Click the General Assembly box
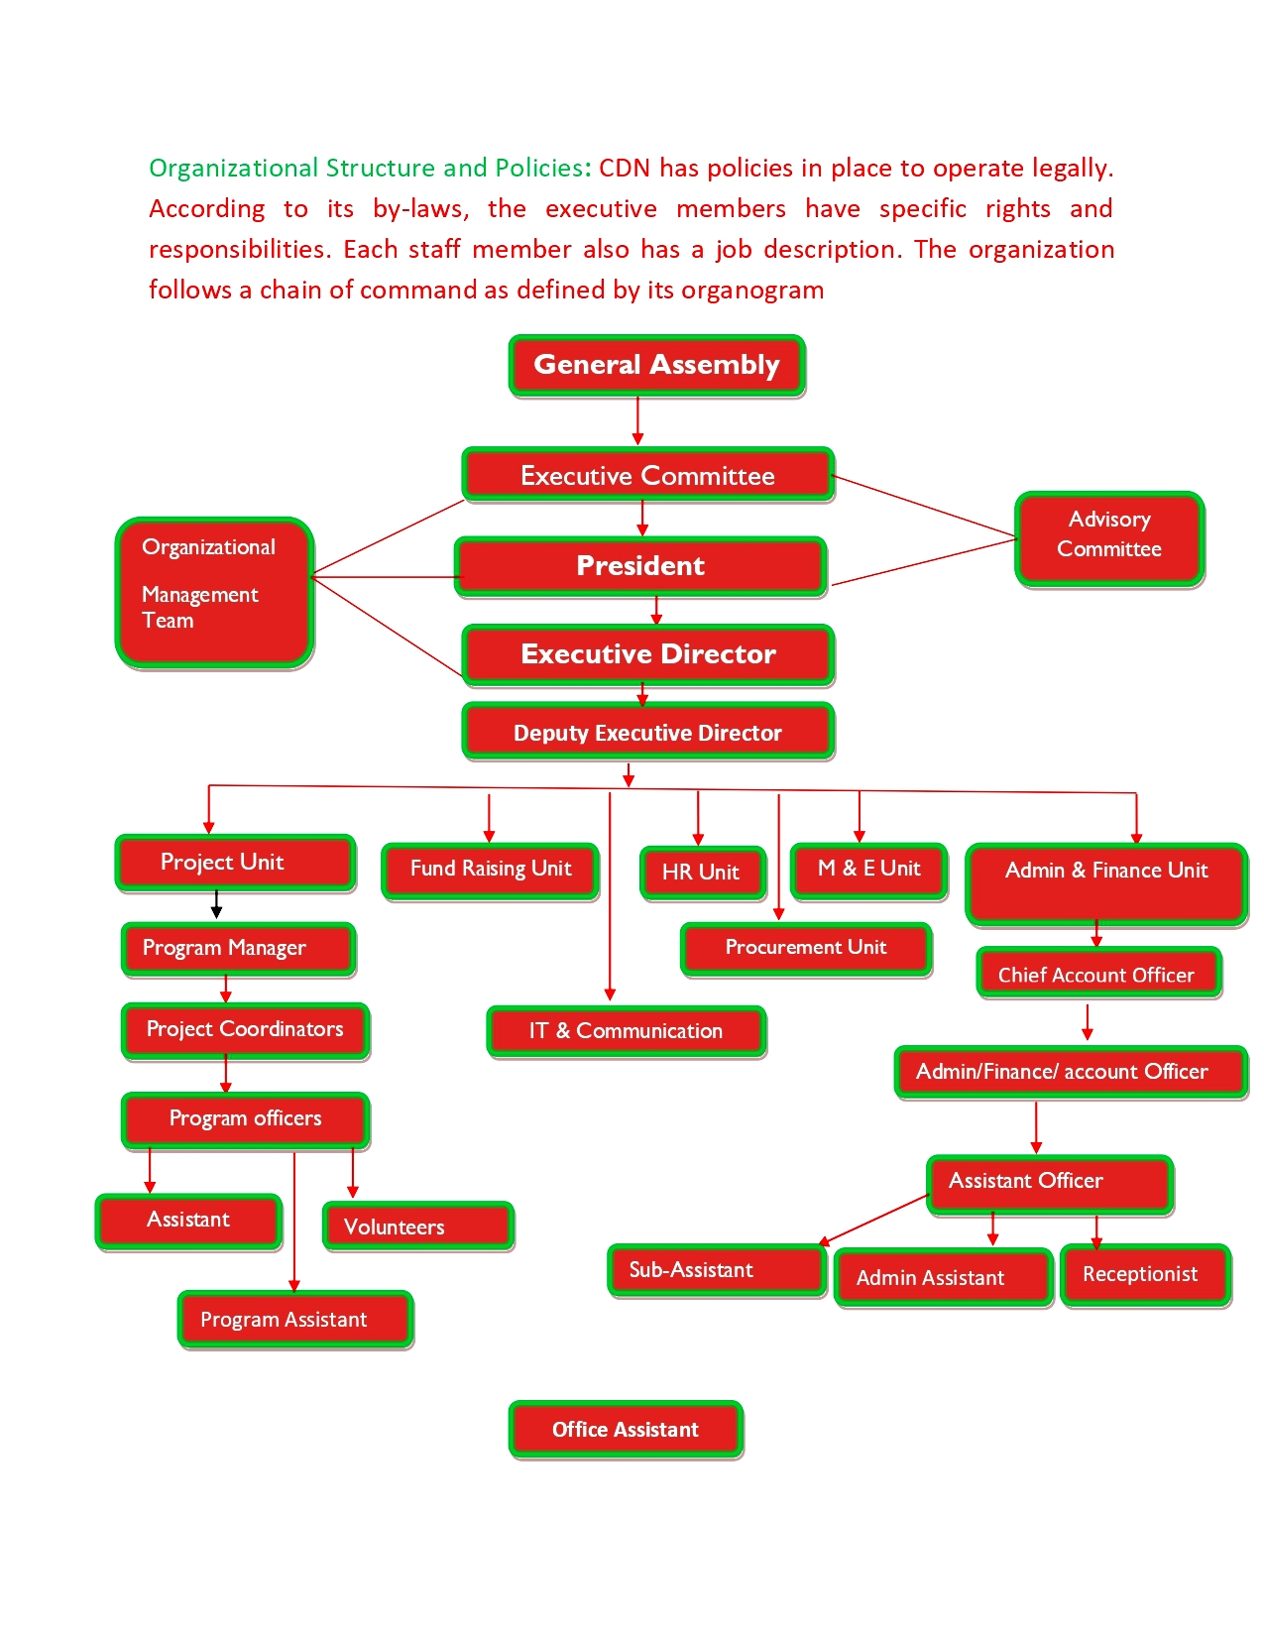tap(656, 365)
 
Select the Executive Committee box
tap(647, 475)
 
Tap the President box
tap(640, 566)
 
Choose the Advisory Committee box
tap(1109, 538)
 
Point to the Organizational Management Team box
tap(214, 592)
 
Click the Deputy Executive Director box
tap(647, 732)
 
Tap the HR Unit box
tap(703, 873)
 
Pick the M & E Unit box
tap(868, 870)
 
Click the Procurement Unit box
tap(806, 948)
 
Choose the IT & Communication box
tap(626, 1031)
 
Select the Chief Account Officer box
tap(1098, 974)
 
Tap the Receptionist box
tap(1145, 1275)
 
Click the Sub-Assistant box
tap(716, 1270)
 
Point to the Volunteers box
tap(417, 1227)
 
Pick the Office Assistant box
tap(626, 1429)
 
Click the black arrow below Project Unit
tap(216, 905)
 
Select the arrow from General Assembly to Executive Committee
tap(637, 421)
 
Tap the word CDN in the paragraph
tap(625, 169)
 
